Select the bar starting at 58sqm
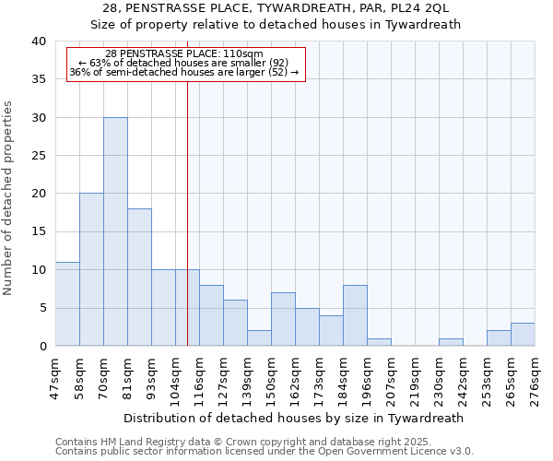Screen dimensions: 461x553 [91, 269]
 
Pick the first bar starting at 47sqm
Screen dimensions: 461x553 [67, 303]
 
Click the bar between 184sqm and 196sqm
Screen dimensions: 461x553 [355, 315]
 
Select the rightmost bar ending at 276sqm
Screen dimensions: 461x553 [523, 334]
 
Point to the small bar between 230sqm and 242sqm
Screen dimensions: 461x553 [451, 342]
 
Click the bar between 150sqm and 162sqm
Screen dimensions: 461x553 [283, 319]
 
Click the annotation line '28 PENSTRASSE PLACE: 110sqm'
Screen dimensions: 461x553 [184, 54]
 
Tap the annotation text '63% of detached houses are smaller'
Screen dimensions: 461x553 [184, 63]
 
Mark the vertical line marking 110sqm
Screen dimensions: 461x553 [187, 212]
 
